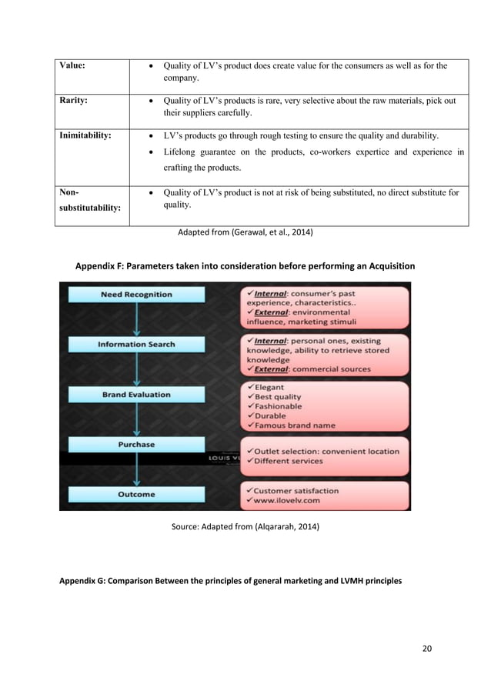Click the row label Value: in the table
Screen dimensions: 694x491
pyautogui.click(x=70, y=65)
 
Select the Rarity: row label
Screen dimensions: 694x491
pyautogui.click(x=71, y=100)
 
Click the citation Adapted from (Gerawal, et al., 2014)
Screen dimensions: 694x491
pyautogui.click(x=245, y=232)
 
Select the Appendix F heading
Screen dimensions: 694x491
pyautogui.click(x=245, y=266)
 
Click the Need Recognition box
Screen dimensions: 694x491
pyautogui.click(x=136, y=295)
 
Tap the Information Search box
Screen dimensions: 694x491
pyautogui.click(x=136, y=345)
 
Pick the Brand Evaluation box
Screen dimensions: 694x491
pyautogui.click(x=136, y=395)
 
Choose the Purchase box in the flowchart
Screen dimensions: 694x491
pyautogui.click(x=136, y=445)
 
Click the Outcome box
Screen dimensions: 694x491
pyautogui.click(x=136, y=495)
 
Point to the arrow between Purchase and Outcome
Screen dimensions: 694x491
pyautogui.click(x=136, y=469)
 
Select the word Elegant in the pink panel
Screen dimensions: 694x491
pyautogui.click(x=268, y=388)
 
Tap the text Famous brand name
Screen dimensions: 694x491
pyautogui.click(x=292, y=425)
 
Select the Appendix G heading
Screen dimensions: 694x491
pyautogui.click(x=230, y=581)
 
